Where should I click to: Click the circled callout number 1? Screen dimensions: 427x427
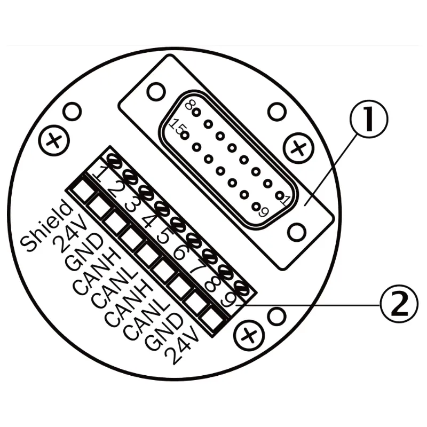click(369, 118)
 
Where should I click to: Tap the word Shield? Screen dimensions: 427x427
click(47, 225)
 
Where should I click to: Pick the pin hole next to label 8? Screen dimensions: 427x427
click(196, 112)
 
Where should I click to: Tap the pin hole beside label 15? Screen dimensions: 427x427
click(185, 135)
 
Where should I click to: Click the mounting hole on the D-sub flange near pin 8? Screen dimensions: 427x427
click(156, 92)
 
